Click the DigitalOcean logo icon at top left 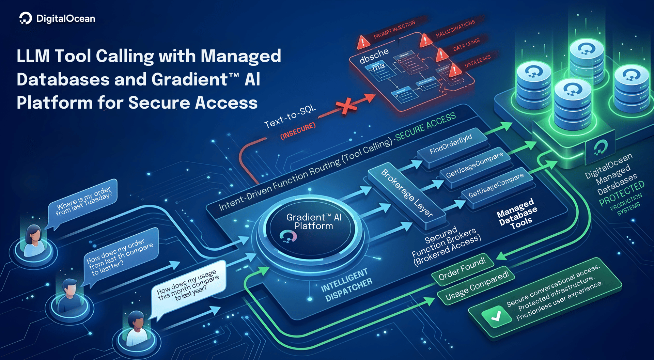click(25, 18)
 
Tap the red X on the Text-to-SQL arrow click(346, 106)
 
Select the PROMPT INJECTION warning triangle click(363, 42)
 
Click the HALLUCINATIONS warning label click(455, 28)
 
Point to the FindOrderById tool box click(451, 144)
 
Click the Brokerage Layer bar click(406, 193)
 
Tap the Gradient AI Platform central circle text click(313, 222)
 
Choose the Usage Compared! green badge click(477, 286)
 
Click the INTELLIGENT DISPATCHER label click(346, 285)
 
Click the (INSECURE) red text click(298, 131)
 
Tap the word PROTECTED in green click(622, 193)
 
